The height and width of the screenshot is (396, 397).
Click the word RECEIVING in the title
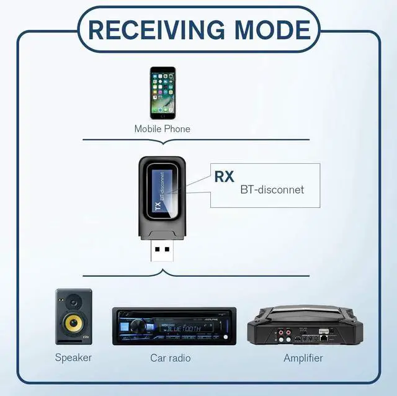[x=158, y=29]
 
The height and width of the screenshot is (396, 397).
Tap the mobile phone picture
[x=162, y=93]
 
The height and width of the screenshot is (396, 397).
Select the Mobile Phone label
[x=162, y=129]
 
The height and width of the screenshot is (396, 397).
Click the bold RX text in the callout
[x=224, y=176]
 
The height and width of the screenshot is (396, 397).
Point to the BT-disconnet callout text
[x=272, y=189]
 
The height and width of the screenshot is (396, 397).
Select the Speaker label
[x=73, y=358]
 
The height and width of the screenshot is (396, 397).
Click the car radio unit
[x=174, y=326]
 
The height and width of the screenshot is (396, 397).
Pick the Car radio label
[x=171, y=358]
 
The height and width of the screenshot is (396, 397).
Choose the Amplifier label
[x=303, y=358]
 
